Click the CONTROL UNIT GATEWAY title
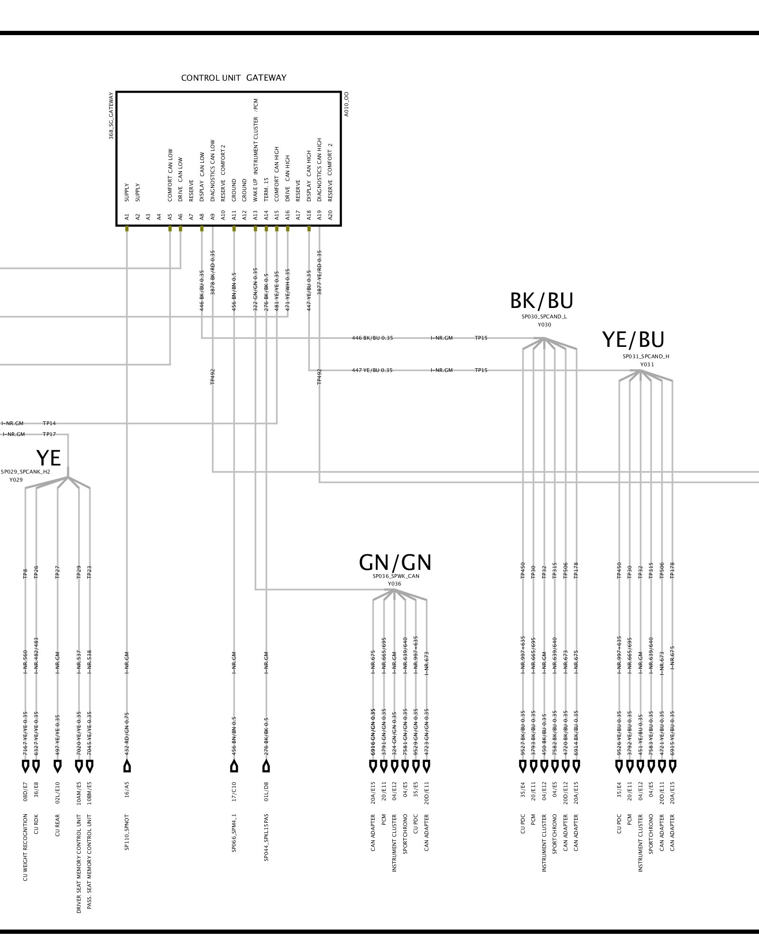(x=233, y=78)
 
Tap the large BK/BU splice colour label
(x=541, y=301)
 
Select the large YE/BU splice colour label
(x=633, y=340)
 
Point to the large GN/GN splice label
(x=395, y=563)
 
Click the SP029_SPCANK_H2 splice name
(x=25, y=472)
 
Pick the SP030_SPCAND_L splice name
(x=544, y=316)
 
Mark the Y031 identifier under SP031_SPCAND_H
(x=647, y=364)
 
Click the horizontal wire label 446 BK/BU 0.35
(x=372, y=338)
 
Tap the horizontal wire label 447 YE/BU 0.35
(x=372, y=370)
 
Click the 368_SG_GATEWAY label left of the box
(x=111, y=116)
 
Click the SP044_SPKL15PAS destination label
(x=266, y=837)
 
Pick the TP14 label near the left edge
(x=49, y=423)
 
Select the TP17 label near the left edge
(x=49, y=434)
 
